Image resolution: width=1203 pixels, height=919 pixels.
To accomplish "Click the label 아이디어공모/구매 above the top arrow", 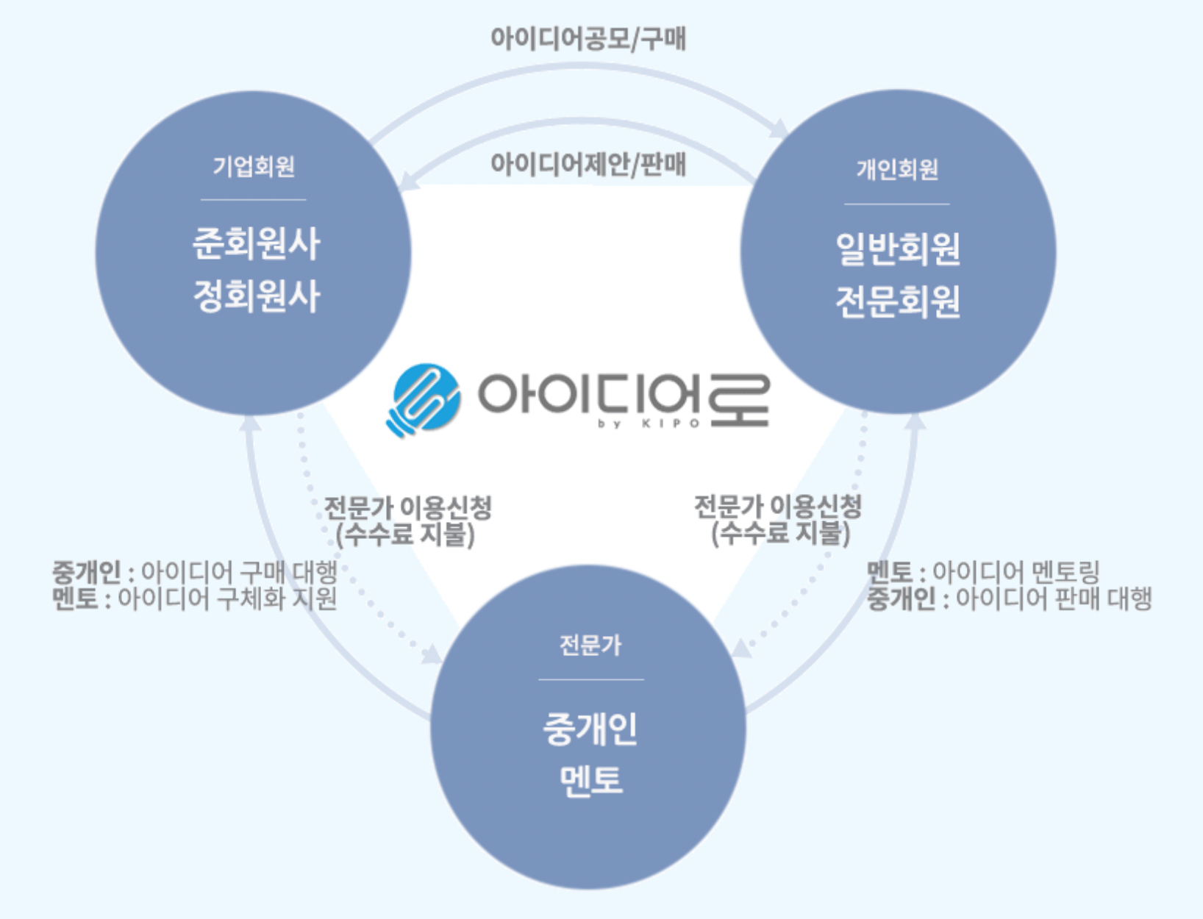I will (588, 38).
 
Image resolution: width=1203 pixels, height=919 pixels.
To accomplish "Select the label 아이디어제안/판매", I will (588, 164).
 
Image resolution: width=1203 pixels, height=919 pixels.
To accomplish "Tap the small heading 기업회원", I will (254, 167).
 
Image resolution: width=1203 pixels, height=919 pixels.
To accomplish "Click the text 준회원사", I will (256, 243).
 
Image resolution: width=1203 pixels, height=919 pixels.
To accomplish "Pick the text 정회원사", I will (256, 296).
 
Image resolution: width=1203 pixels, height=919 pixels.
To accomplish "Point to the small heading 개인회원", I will (897, 170).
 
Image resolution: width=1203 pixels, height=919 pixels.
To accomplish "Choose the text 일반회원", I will (898, 248).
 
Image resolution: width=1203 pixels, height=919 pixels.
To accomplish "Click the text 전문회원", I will (898, 301).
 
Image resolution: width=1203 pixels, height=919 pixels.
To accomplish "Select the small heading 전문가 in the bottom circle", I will (590, 646).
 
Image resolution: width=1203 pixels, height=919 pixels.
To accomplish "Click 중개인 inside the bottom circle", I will (590, 729).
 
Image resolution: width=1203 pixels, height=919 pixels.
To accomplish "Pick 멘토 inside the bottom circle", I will (590, 780).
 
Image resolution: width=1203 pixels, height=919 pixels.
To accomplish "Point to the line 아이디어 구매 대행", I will (238, 572).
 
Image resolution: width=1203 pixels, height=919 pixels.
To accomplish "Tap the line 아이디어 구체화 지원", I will (227, 598).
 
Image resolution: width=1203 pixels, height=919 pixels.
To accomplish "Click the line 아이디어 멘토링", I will (1015, 572).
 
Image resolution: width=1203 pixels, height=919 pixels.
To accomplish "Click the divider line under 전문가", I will (590, 679).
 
